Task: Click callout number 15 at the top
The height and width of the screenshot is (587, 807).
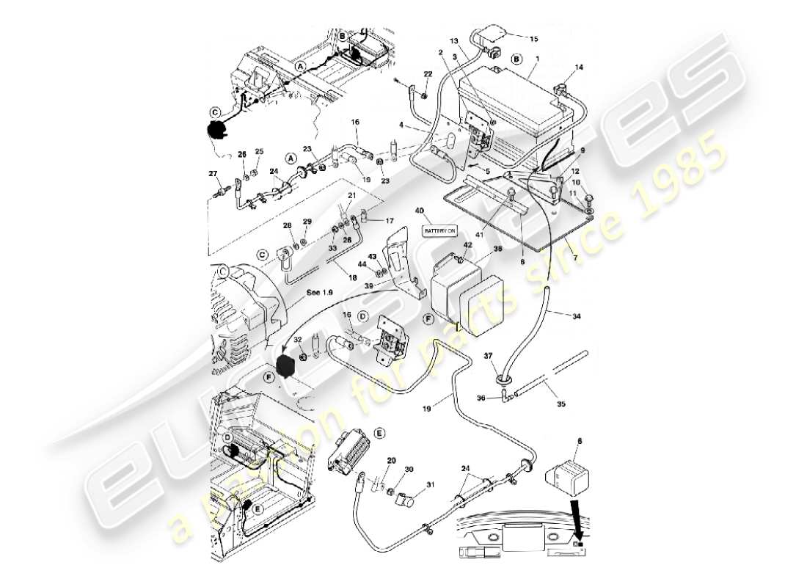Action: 533,38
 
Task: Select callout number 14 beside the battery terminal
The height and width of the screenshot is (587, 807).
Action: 579,67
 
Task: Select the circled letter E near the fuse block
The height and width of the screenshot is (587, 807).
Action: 379,434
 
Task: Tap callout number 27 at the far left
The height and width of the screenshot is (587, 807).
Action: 213,174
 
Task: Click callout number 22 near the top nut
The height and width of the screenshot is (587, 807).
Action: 428,74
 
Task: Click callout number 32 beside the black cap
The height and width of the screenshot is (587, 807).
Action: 297,340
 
